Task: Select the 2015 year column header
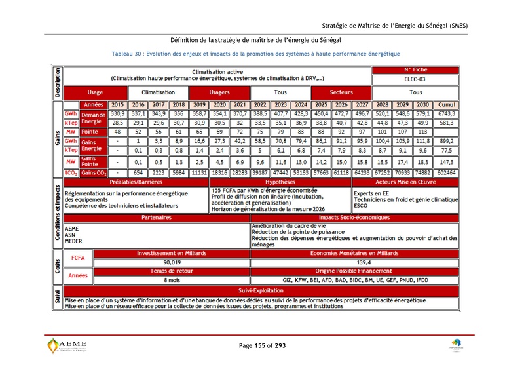click(x=117, y=105)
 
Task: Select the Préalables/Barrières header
click(x=136, y=182)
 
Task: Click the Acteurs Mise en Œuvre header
click(x=405, y=182)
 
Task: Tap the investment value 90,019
click(x=172, y=262)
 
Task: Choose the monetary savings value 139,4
click(x=354, y=262)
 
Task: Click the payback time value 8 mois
click(x=172, y=280)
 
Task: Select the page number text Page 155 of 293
click(x=262, y=345)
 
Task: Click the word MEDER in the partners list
click(x=73, y=241)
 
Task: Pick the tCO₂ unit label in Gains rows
click(x=71, y=173)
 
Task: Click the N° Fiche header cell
click(x=415, y=69)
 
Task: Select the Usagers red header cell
click(x=219, y=92)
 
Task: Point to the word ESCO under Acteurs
click(x=360, y=205)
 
